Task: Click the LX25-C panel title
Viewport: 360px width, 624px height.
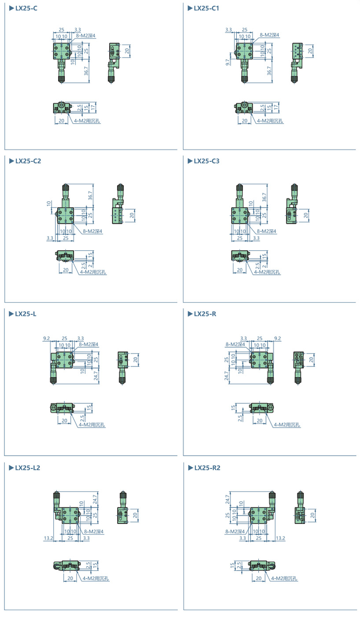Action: (26, 8)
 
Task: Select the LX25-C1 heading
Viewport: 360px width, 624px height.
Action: (206, 8)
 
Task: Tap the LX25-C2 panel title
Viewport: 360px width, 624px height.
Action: (28, 161)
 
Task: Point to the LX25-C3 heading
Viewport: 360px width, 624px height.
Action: (207, 161)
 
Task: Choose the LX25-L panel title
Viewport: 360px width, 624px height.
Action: (26, 314)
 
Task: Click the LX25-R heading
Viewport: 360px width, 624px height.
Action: (205, 314)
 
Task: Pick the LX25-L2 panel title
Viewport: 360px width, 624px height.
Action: (28, 468)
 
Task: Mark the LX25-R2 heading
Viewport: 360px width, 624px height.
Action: (207, 468)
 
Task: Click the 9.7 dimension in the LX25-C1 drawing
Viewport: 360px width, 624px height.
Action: (228, 62)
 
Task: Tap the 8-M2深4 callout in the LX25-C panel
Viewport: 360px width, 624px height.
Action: (86, 36)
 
